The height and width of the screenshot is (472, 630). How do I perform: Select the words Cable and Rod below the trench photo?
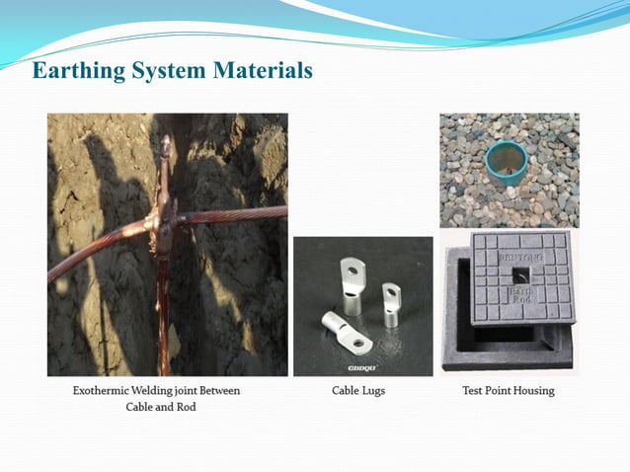(x=160, y=407)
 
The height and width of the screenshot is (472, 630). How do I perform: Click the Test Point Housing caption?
(x=509, y=390)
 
